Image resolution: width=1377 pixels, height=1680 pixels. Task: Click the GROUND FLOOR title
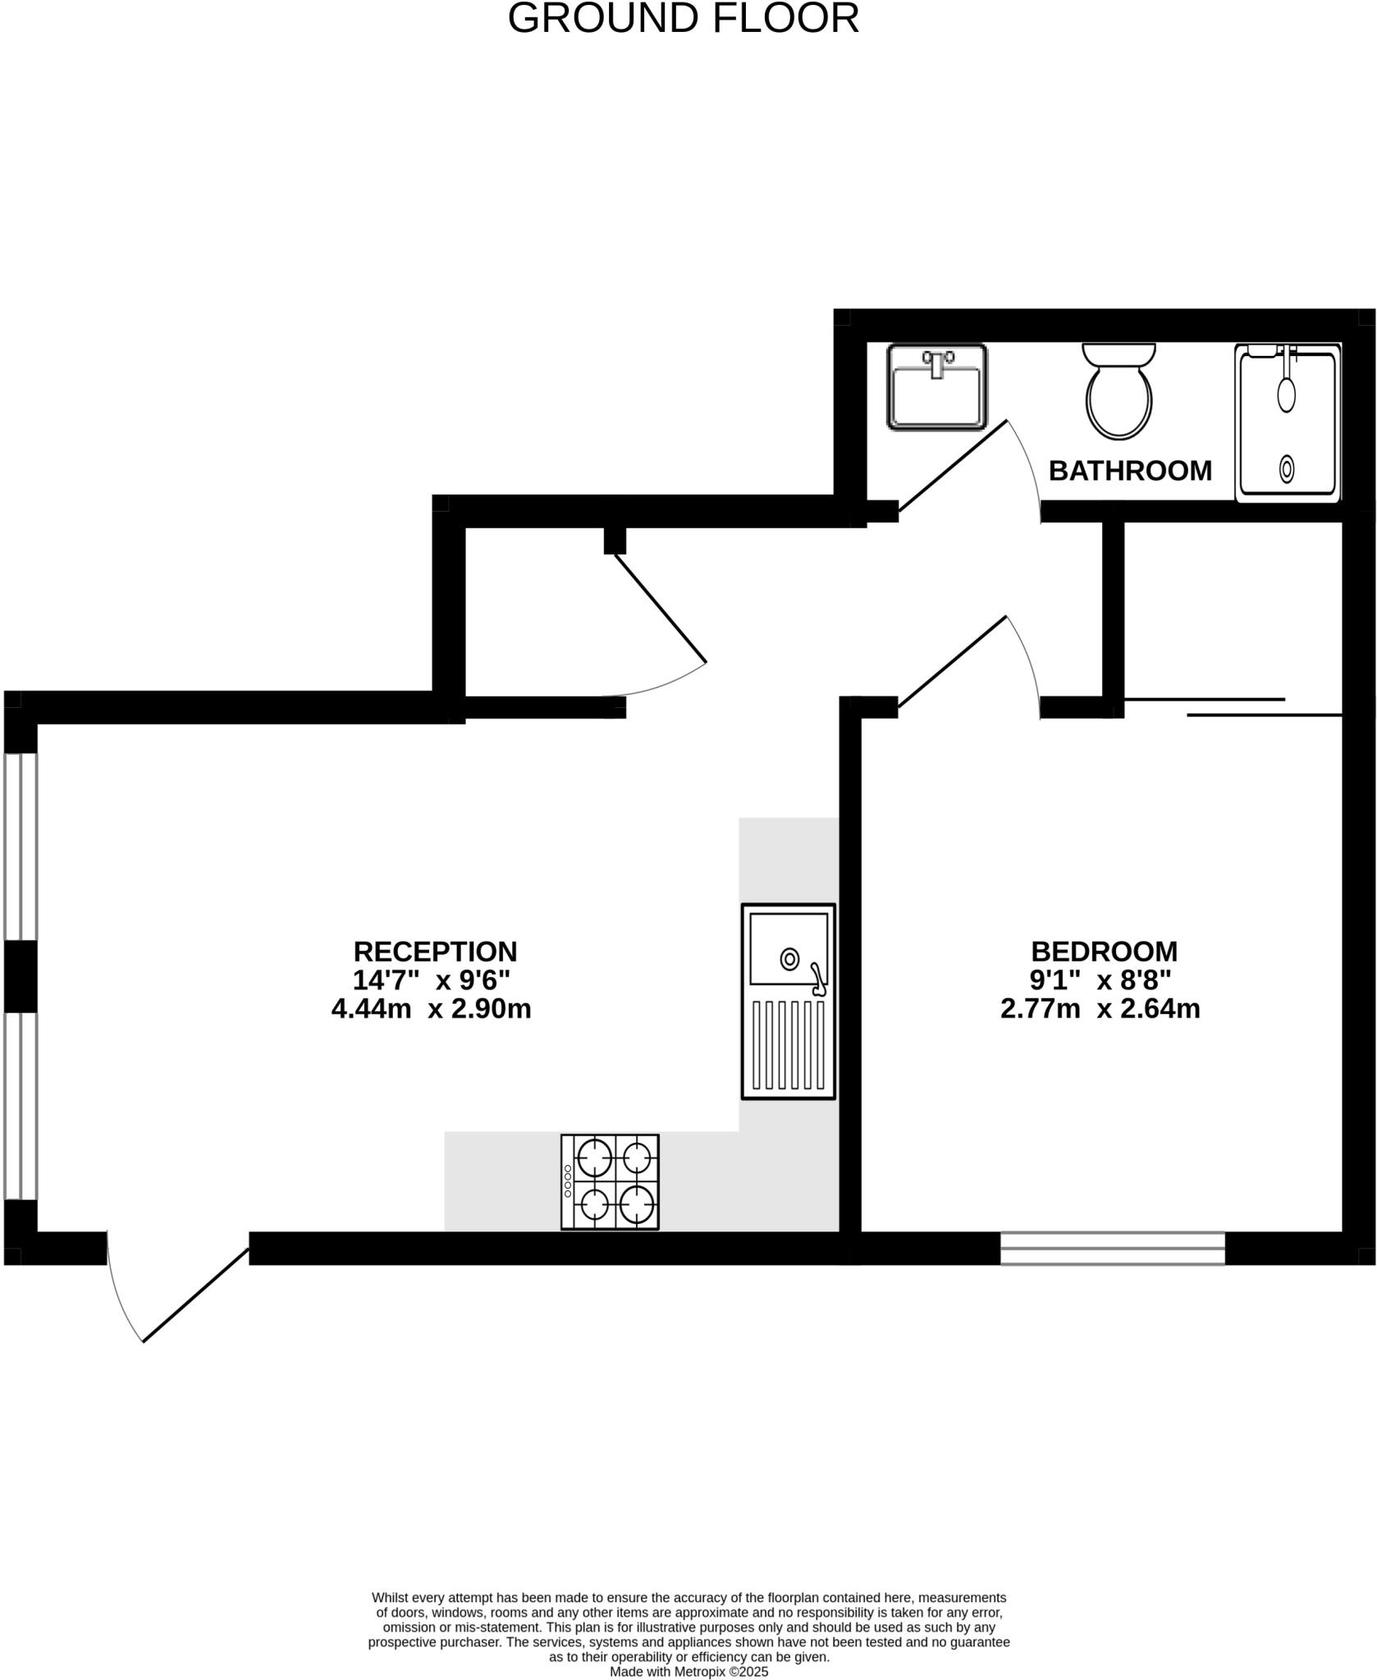pyautogui.click(x=683, y=18)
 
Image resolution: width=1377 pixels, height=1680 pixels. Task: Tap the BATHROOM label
pyautogui.click(x=1129, y=471)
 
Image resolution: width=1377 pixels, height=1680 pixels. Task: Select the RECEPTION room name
pyautogui.click(x=435, y=952)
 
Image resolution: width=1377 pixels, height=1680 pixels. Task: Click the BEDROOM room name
pyautogui.click(x=1104, y=952)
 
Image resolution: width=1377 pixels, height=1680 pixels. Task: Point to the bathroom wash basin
pyautogui.click(x=936, y=386)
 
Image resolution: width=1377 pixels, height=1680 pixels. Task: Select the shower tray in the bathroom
pyautogui.click(x=1287, y=422)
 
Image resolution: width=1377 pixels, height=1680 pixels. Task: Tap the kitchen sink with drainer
pyautogui.click(x=788, y=1001)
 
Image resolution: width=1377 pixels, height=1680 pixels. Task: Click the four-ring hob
pyautogui.click(x=610, y=1182)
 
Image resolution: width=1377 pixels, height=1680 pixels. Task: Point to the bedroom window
pyautogui.click(x=1112, y=1248)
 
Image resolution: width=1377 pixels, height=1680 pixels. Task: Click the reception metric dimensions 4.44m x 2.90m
pyautogui.click(x=431, y=1008)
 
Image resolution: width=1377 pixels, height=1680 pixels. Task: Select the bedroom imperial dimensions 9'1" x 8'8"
pyautogui.click(x=1100, y=980)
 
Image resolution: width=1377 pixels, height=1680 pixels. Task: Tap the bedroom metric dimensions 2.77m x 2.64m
pyautogui.click(x=1100, y=1008)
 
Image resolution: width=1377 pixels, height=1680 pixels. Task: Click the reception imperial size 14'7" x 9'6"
pyautogui.click(x=432, y=980)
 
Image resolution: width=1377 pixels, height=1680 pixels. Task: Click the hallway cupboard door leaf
pyautogui.click(x=661, y=608)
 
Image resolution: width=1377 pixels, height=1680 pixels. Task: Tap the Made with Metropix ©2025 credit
pyautogui.click(x=688, y=1671)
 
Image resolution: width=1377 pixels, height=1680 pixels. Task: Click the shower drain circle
pyautogui.click(x=1287, y=470)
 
